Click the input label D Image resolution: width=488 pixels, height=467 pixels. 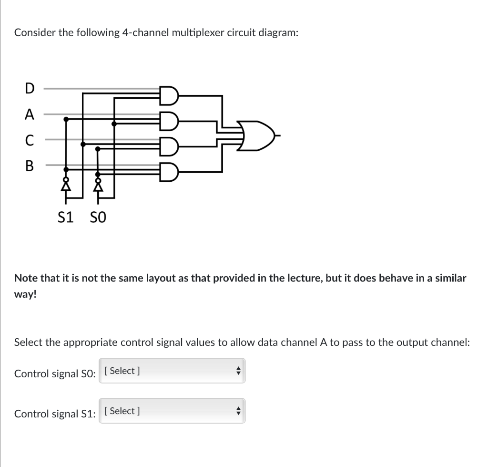click(x=30, y=89)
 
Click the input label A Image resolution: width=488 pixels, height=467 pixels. click(x=30, y=114)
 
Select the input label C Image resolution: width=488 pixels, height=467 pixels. click(x=30, y=140)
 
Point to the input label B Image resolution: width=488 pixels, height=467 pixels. click(x=30, y=166)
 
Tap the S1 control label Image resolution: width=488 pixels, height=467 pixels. click(x=65, y=218)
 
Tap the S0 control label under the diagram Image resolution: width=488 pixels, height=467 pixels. click(x=98, y=218)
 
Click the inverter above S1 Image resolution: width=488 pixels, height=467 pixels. click(x=66, y=184)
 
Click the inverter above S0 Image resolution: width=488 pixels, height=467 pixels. click(x=98, y=184)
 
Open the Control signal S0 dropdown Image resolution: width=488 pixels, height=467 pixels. click(x=172, y=371)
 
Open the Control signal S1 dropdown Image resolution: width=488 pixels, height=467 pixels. click(x=172, y=411)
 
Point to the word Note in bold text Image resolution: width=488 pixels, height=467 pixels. click(x=27, y=278)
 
